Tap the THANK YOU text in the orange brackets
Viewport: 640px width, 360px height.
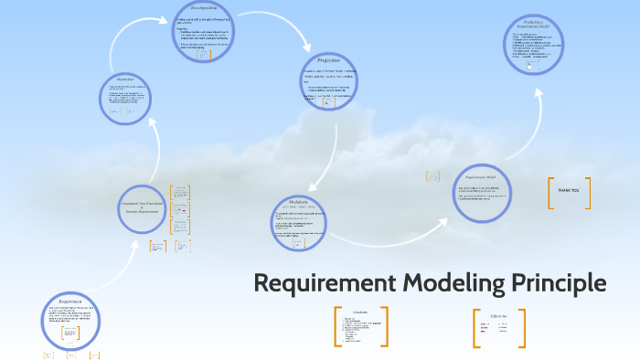click(x=569, y=190)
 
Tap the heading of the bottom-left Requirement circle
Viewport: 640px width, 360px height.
click(x=70, y=301)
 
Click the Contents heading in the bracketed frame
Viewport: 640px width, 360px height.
click(x=360, y=312)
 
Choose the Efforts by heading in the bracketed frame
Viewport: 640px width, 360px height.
click(x=498, y=315)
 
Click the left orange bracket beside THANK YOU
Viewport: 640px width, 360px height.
click(x=551, y=193)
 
